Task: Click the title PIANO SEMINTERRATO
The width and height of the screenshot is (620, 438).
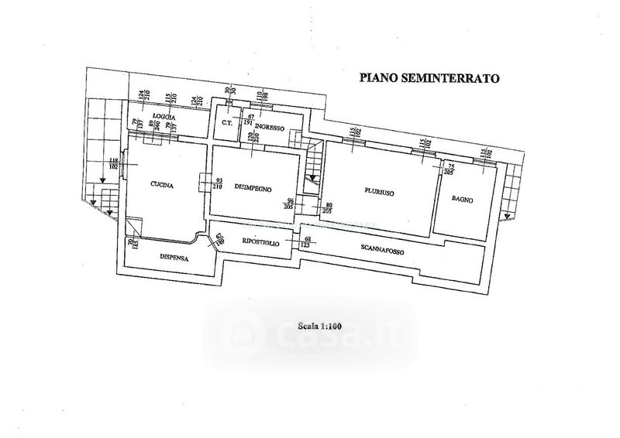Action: [x=428, y=77]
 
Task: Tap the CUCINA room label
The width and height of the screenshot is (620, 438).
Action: [x=161, y=185]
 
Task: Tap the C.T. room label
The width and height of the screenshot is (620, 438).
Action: [x=228, y=123]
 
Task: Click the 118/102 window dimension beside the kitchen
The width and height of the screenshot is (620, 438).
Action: [x=113, y=163]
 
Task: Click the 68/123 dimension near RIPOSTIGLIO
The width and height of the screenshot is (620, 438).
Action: [x=308, y=241]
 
